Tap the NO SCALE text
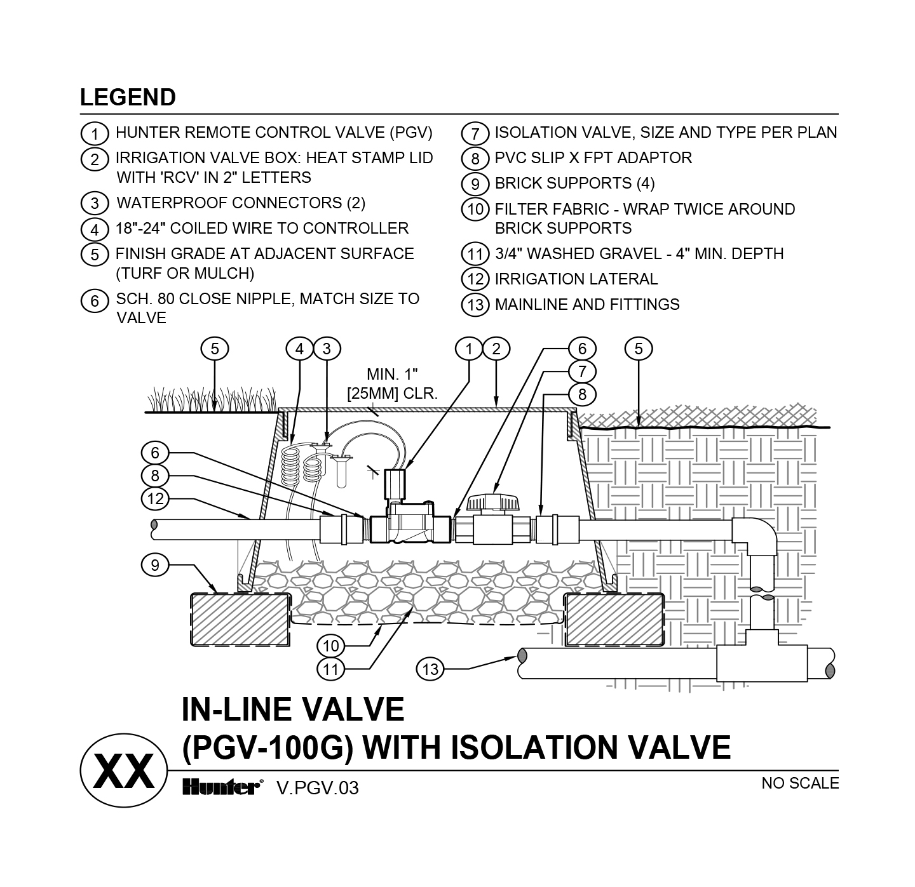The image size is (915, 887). (800, 783)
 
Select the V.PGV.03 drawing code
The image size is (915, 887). (317, 788)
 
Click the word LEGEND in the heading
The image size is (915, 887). (128, 97)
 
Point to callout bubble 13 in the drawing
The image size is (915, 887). (430, 669)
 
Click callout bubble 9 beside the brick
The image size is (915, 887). (155, 564)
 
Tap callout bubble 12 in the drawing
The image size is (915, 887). (155, 498)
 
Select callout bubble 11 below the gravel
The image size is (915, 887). (330, 669)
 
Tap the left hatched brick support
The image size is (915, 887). (240, 619)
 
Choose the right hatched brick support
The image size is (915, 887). (614, 619)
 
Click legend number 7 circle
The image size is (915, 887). (475, 134)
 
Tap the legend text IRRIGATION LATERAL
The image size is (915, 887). (576, 279)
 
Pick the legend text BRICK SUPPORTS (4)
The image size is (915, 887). (574, 183)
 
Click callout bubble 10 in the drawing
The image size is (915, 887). (330, 646)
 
